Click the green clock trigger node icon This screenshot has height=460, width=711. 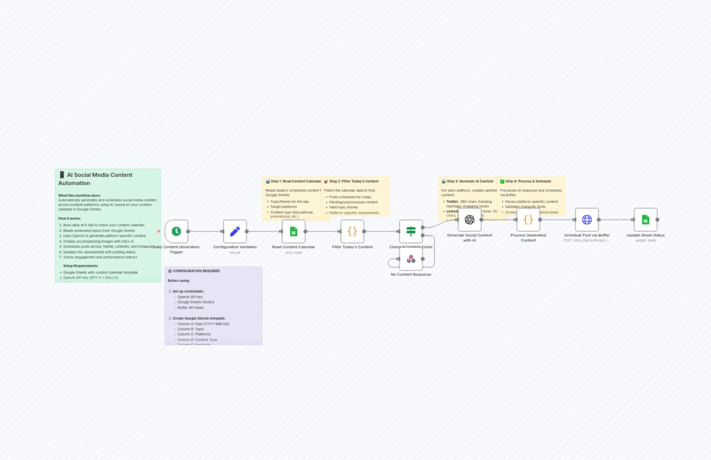click(x=176, y=231)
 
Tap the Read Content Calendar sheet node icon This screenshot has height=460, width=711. click(x=293, y=231)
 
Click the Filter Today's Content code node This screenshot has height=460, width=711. click(x=352, y=231)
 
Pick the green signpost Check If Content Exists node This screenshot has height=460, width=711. click(x=411, y=231)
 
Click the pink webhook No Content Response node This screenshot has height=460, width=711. click(x=411, y=259)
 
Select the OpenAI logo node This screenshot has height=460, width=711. click(x=470, y=219)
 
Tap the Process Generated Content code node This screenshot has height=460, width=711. click(x=528, y=219)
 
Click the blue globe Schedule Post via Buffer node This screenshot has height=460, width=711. click(x=587, y=219)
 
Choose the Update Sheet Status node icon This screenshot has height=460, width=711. click(x=645, y=219)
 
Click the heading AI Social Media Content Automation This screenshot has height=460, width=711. click(x=95, y=179)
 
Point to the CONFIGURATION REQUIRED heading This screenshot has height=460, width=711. click(x=196, y=271)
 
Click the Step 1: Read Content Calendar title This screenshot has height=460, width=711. click(x=295, y=181)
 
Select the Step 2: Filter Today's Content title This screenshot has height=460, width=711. click(x=354, y=181)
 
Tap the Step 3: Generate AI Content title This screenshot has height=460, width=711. click(x=470, y=181)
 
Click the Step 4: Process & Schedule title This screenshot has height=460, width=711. click(x=528, y=181)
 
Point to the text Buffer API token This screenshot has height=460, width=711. click(x=191, y=307)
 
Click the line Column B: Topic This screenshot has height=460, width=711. click(x=191, y=329)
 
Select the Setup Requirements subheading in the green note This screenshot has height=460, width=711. click(x=80, y=266)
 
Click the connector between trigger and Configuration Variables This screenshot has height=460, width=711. click(x=205, y=231)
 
